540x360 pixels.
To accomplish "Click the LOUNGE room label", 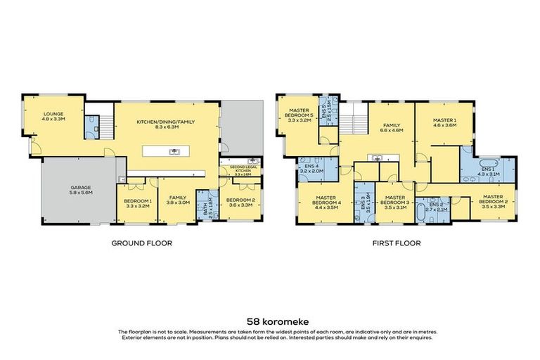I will pos(54,116).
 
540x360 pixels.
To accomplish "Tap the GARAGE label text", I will pos(79,191).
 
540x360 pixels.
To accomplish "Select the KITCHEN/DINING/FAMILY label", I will pos(166,124).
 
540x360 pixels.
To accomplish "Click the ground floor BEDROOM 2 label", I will pos(240,203).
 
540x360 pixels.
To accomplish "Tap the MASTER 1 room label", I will pos(444,122).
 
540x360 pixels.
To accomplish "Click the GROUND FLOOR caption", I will pos(141,243).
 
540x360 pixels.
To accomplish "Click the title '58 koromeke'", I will pos(270,318).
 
